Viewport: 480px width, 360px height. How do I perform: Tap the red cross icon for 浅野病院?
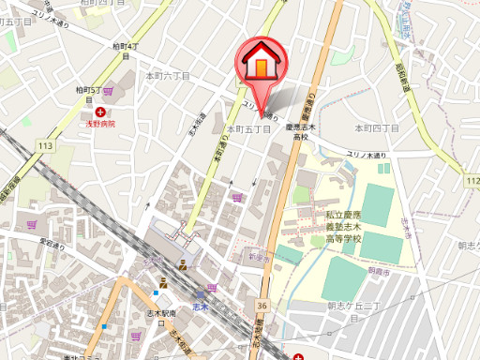coord(99,112)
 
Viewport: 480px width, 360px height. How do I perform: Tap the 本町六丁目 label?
coord(168,75)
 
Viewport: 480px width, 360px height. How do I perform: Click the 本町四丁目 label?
coord(376,127)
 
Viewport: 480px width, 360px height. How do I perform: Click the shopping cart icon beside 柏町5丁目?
coord(108,91)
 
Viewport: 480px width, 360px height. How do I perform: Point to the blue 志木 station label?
coord(199,307)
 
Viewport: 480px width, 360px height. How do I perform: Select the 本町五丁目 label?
coord(249,128)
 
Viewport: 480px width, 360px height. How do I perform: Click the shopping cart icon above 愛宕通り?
coord(33,224)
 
